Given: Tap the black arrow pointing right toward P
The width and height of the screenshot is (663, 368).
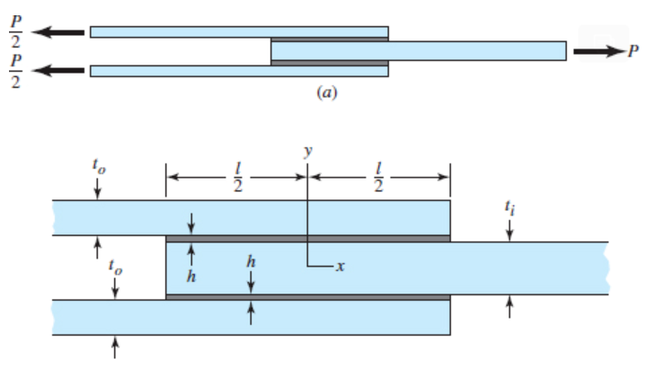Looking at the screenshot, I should pos(598,51).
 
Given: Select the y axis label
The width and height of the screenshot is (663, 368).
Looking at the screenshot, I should pos(307,152).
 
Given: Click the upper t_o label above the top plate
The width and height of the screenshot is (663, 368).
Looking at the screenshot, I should pos(98,167).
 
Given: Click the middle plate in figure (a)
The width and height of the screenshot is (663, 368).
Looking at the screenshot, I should pos(418,51).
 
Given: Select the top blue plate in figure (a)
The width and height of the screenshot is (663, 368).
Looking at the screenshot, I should pos(239,32).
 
